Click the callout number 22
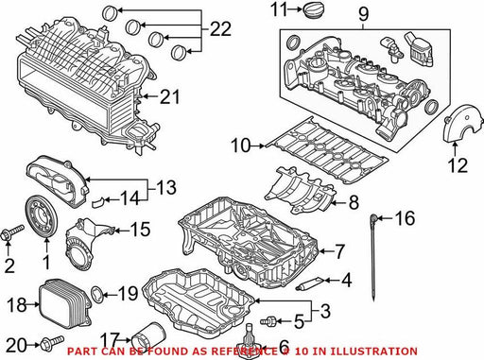point(220,29)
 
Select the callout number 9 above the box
point(363,14)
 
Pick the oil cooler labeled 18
point(65,303)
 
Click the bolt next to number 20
point(52,342)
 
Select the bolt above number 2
point(12,231)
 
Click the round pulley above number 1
point(42,217)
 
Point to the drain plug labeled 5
point(268,321)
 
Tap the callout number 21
point(170,96)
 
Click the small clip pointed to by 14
point(97,201)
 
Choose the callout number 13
point(165,187)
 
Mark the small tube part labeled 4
point(310,283)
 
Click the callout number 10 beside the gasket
point(241,146)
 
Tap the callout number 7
point(338,251)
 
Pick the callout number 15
point(140,230)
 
